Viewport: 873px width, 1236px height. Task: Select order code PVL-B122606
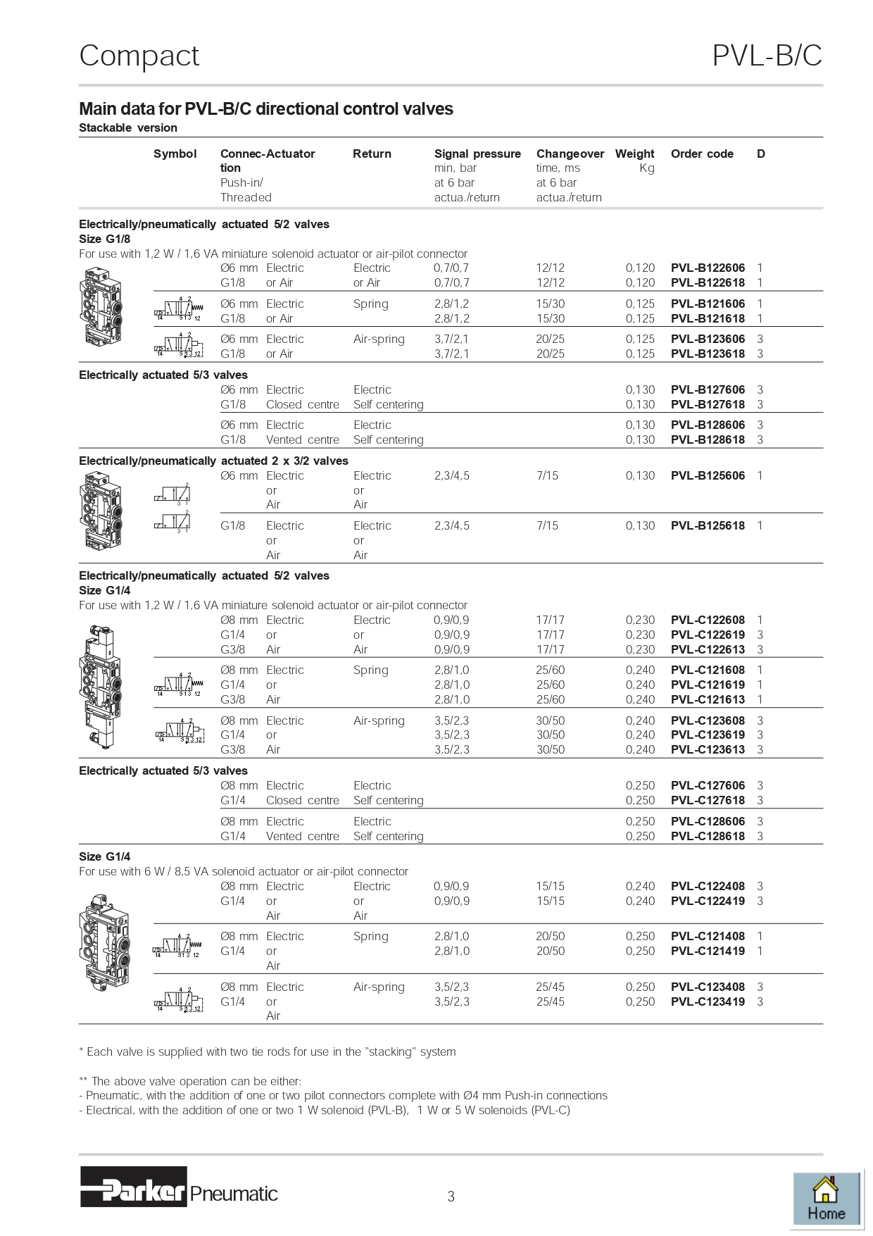pos(707,268)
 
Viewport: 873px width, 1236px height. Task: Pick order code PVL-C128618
pos(707,836)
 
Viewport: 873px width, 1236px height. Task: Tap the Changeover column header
pos(570,154)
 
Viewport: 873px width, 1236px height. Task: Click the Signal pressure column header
pos(477,154)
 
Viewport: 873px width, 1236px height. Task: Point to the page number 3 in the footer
pos(451,1196)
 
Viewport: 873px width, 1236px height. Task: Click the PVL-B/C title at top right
pos(767,56)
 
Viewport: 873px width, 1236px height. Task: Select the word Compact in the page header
pos(139,56)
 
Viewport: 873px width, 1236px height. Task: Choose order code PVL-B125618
pos(707,525)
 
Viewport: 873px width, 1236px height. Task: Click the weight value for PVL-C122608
pos(640,620)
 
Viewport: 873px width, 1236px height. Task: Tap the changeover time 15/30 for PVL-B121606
pos(550,304)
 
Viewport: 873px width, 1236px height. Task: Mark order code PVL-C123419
pos(707,1001)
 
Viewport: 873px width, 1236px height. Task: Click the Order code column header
pos(702,154)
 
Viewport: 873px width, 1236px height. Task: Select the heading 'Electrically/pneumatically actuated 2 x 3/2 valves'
pos(213,461)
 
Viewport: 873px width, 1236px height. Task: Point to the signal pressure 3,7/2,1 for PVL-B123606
pos(451,339)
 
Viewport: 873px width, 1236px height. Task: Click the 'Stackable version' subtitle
pos(128,127)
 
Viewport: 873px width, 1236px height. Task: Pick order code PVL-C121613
pos(707,699)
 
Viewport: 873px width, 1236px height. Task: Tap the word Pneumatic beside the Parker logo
pos(234,1194)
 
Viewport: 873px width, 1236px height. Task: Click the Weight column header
pos(634,154)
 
